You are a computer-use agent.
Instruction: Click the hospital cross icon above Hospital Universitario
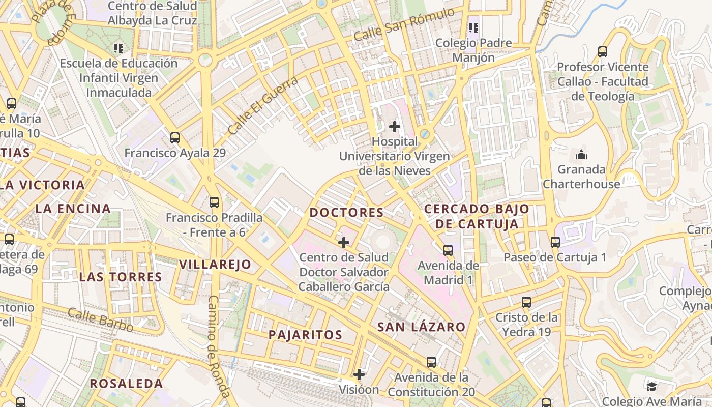pos(394,126)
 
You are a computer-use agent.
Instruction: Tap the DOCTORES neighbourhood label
pos(346,213)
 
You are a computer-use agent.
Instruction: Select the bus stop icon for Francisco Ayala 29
pos(175,137)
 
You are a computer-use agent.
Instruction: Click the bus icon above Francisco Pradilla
pos(214,202)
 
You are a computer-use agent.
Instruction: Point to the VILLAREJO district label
pos(215,265)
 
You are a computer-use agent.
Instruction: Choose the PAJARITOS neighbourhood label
pos(305,335)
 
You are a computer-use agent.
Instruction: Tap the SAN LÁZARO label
pos(421,327)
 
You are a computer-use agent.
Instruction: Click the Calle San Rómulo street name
pos(404,25)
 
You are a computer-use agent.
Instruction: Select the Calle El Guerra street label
pos(262,106)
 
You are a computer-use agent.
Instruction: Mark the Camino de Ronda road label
pos(219,346)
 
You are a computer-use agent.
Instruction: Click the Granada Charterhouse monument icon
pos(581,155)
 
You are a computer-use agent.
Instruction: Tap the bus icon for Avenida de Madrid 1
pos(448,250)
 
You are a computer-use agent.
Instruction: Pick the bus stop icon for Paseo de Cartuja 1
pos(555,242)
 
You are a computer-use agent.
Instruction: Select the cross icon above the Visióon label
pos(359,375)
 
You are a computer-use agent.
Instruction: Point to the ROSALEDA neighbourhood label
pos(127,384)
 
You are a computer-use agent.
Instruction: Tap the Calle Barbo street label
pos(100,320)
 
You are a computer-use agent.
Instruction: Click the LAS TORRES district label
pos(120,277)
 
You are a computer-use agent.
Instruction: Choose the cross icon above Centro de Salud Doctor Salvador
pos(344,242)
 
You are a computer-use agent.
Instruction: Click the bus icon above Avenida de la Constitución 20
pos(431,362)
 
